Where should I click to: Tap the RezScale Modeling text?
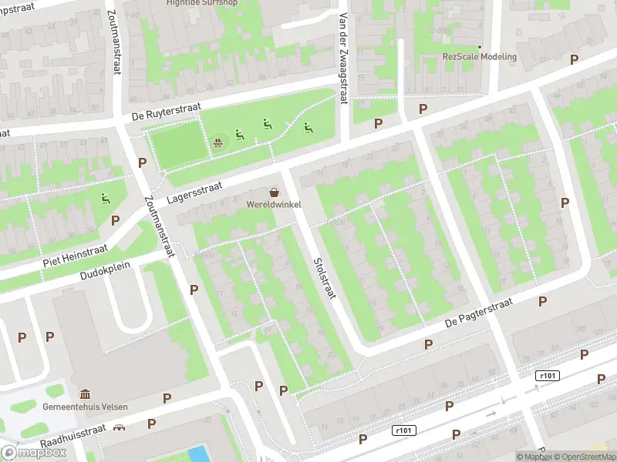pos(479,56)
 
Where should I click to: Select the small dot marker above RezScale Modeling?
pos(479,45)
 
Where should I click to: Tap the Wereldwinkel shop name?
pos(274,204)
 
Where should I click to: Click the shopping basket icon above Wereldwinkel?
pos(274,192)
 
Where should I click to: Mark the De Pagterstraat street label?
pos(479,315)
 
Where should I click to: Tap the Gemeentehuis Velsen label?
pos(86,407)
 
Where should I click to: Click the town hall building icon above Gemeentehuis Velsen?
pos(85,394)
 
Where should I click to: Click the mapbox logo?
pos(34,452)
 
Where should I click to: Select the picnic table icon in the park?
pos(219,142)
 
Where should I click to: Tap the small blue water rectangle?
pos(198,454)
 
